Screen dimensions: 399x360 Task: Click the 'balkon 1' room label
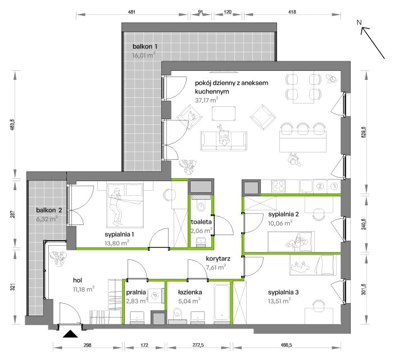145,46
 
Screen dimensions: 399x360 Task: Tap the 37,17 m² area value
206,100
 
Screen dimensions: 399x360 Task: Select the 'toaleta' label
201,222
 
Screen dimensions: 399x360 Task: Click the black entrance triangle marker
70,334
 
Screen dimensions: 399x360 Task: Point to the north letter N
359,22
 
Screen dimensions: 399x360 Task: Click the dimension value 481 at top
132,12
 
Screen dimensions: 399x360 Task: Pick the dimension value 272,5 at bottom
198,345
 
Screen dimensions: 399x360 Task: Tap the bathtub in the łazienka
222,303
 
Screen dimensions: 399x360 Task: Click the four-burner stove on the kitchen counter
278,186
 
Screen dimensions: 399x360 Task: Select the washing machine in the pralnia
155,295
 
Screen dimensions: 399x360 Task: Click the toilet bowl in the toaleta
201,206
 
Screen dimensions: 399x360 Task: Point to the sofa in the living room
224,141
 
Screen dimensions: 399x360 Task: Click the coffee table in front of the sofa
224,114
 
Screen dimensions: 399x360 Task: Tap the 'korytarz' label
218,259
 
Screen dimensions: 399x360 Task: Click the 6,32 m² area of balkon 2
47,219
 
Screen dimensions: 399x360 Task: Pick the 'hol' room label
78,280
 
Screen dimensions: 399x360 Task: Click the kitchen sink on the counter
306,186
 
